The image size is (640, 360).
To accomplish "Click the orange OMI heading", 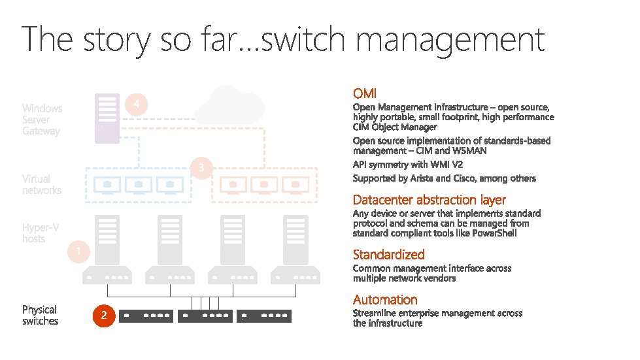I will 365,94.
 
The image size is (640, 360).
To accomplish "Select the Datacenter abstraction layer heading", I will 429,200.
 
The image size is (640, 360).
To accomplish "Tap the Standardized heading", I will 388,255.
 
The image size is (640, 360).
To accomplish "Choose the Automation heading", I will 385,300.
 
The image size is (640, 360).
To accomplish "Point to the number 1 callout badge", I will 78,252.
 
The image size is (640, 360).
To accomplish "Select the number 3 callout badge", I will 202,169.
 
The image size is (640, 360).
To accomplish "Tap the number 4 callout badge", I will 136,105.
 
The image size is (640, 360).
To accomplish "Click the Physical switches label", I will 40,316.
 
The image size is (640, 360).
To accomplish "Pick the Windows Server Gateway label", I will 42,120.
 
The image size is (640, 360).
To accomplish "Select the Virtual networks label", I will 41,184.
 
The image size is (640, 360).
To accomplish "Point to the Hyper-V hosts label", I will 41,233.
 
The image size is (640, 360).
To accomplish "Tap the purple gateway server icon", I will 107,118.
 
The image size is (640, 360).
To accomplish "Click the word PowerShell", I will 494,233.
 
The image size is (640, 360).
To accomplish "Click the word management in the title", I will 451,39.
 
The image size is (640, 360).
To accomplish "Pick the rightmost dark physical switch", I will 263,316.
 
